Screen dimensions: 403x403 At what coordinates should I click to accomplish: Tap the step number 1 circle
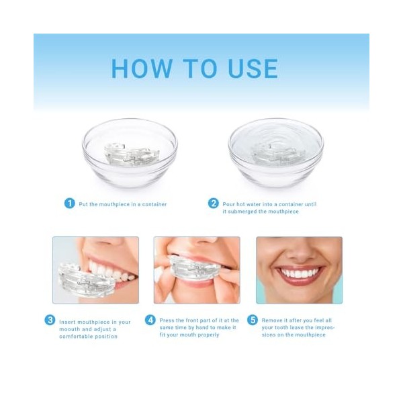click(x=69, y=204)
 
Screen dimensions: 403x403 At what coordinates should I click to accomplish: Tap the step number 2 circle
click(x=214, y=204)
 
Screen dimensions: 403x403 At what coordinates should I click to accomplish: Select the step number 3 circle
click(x=50, y=320)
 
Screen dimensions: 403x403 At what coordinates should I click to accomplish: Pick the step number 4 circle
click(x=150, y=320)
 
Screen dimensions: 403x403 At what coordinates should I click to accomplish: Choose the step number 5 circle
click(x=253, y=320)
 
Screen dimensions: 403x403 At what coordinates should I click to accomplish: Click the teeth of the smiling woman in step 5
click(x=299, y=273)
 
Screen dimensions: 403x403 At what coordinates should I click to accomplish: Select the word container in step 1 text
click(x=154, y=204)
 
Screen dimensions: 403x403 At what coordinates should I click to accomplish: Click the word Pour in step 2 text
click(x=229, y=204)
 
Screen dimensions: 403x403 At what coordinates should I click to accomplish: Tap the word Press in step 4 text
click(x=167, y=321)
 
